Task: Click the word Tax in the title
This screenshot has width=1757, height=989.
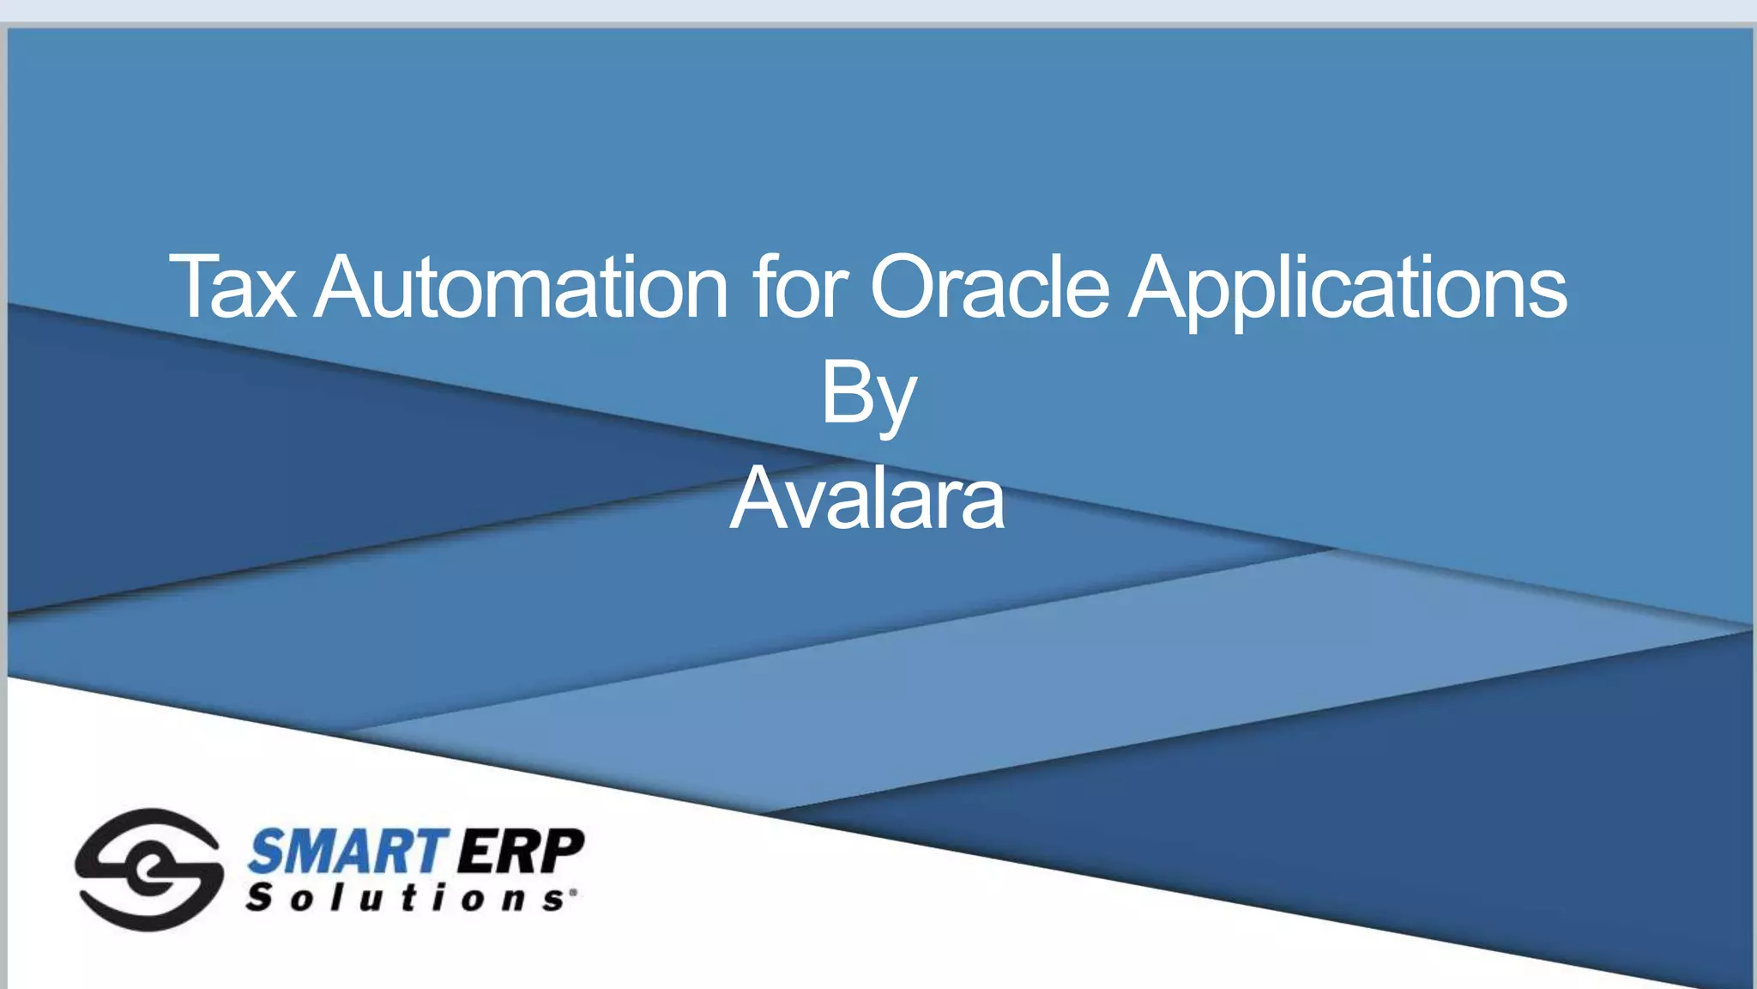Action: (232, 287)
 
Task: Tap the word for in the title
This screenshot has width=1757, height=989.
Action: (801, 287)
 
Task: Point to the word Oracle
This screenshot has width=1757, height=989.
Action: (990, 287)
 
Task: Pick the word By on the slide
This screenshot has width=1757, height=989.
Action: (868, 395)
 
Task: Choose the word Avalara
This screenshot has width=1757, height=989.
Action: (866, 499)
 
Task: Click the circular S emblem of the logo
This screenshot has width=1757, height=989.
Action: (148, 869)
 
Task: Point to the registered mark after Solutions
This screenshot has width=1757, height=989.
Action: (572, 893)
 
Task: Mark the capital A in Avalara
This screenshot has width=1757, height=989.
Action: (758, 499)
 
